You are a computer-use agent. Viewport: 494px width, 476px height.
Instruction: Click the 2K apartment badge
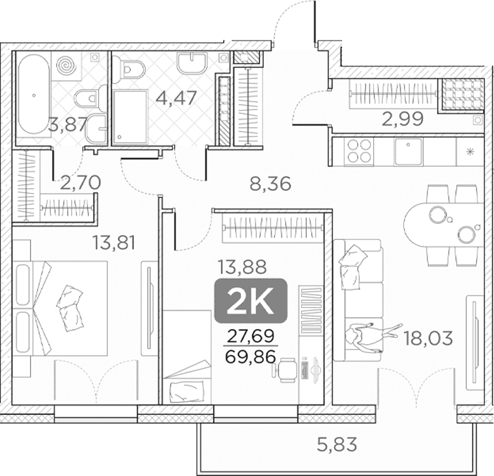pyautogui.click(x=251, y=301)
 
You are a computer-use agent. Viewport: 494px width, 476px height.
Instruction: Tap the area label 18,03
pyautogui.click(x=428, y=339)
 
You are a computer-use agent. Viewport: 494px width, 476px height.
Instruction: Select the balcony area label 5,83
pyautogui.click(x=337, y=444)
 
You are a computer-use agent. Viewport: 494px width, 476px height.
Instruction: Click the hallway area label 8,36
pyautogui.click(x=270, y=184)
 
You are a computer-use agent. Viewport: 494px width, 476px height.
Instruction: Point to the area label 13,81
pyautogui.click(x=114, y=243)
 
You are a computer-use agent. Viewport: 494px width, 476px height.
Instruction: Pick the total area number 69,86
pyautogui.click(x=251, y=356)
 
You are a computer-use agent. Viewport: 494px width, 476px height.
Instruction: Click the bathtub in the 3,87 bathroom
pyautogui.click(x=34, y=94)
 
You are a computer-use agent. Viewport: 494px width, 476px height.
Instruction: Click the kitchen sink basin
pyautogui.click(x=408, y=152)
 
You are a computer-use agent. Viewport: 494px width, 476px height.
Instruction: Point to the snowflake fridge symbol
pyautogui.click(x=471, y=152)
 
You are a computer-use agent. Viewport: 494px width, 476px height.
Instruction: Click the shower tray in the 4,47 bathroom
pyautogui.click(x=130, y=117)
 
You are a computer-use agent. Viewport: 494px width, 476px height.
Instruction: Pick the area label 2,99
pyautogui.click(x=402, y=119)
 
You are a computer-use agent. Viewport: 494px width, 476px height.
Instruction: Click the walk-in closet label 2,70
pyautogui.click(x=80, y=183)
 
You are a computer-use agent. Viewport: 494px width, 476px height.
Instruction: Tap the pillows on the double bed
pyautogui.click(x=70, y=308)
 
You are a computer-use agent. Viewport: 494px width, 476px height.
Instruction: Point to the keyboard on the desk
pyautogui.click(x=305, y=370)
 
